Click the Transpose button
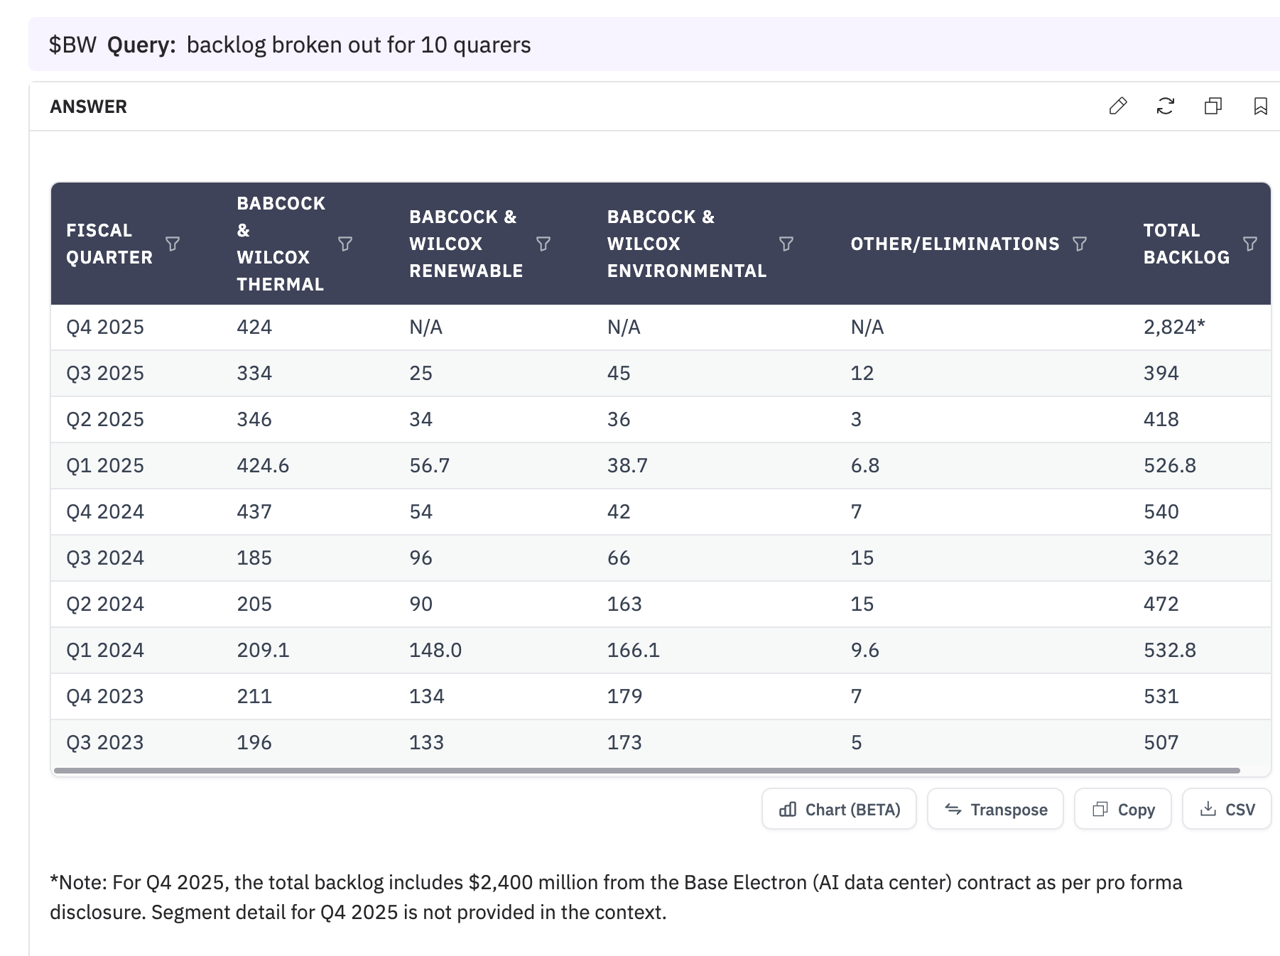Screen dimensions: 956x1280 tap(995, 809)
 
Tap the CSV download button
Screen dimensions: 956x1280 tap(1227, 809)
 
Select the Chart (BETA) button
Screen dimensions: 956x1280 tap(839, 809)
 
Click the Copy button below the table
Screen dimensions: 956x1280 tap(1123, 809)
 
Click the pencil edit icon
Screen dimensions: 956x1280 tap(1118, 107)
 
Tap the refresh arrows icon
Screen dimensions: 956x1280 tap(1166, 107)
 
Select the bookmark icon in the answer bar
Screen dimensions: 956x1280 tap(1261, 107)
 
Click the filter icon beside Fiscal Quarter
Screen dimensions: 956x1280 tap(173, 244)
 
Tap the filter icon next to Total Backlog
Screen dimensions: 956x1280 tap(1250, 244)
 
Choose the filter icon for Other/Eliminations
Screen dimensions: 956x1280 tap(1080, 244)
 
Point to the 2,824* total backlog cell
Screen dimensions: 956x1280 tap(1174, 327)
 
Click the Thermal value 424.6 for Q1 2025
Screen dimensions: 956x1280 tap(263, 465)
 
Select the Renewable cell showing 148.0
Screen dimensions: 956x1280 tap(435, 650)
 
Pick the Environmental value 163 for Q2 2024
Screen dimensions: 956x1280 tap(624, 604)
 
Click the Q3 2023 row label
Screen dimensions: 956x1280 tap(105, 742)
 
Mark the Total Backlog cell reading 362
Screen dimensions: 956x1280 tap(1161, 558)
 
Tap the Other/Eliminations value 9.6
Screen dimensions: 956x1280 tap(865, 650)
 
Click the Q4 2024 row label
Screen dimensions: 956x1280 tap(105, 511)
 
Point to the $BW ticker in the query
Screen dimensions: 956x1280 tap(72, 45)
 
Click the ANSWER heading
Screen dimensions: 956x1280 tap(89, 107)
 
